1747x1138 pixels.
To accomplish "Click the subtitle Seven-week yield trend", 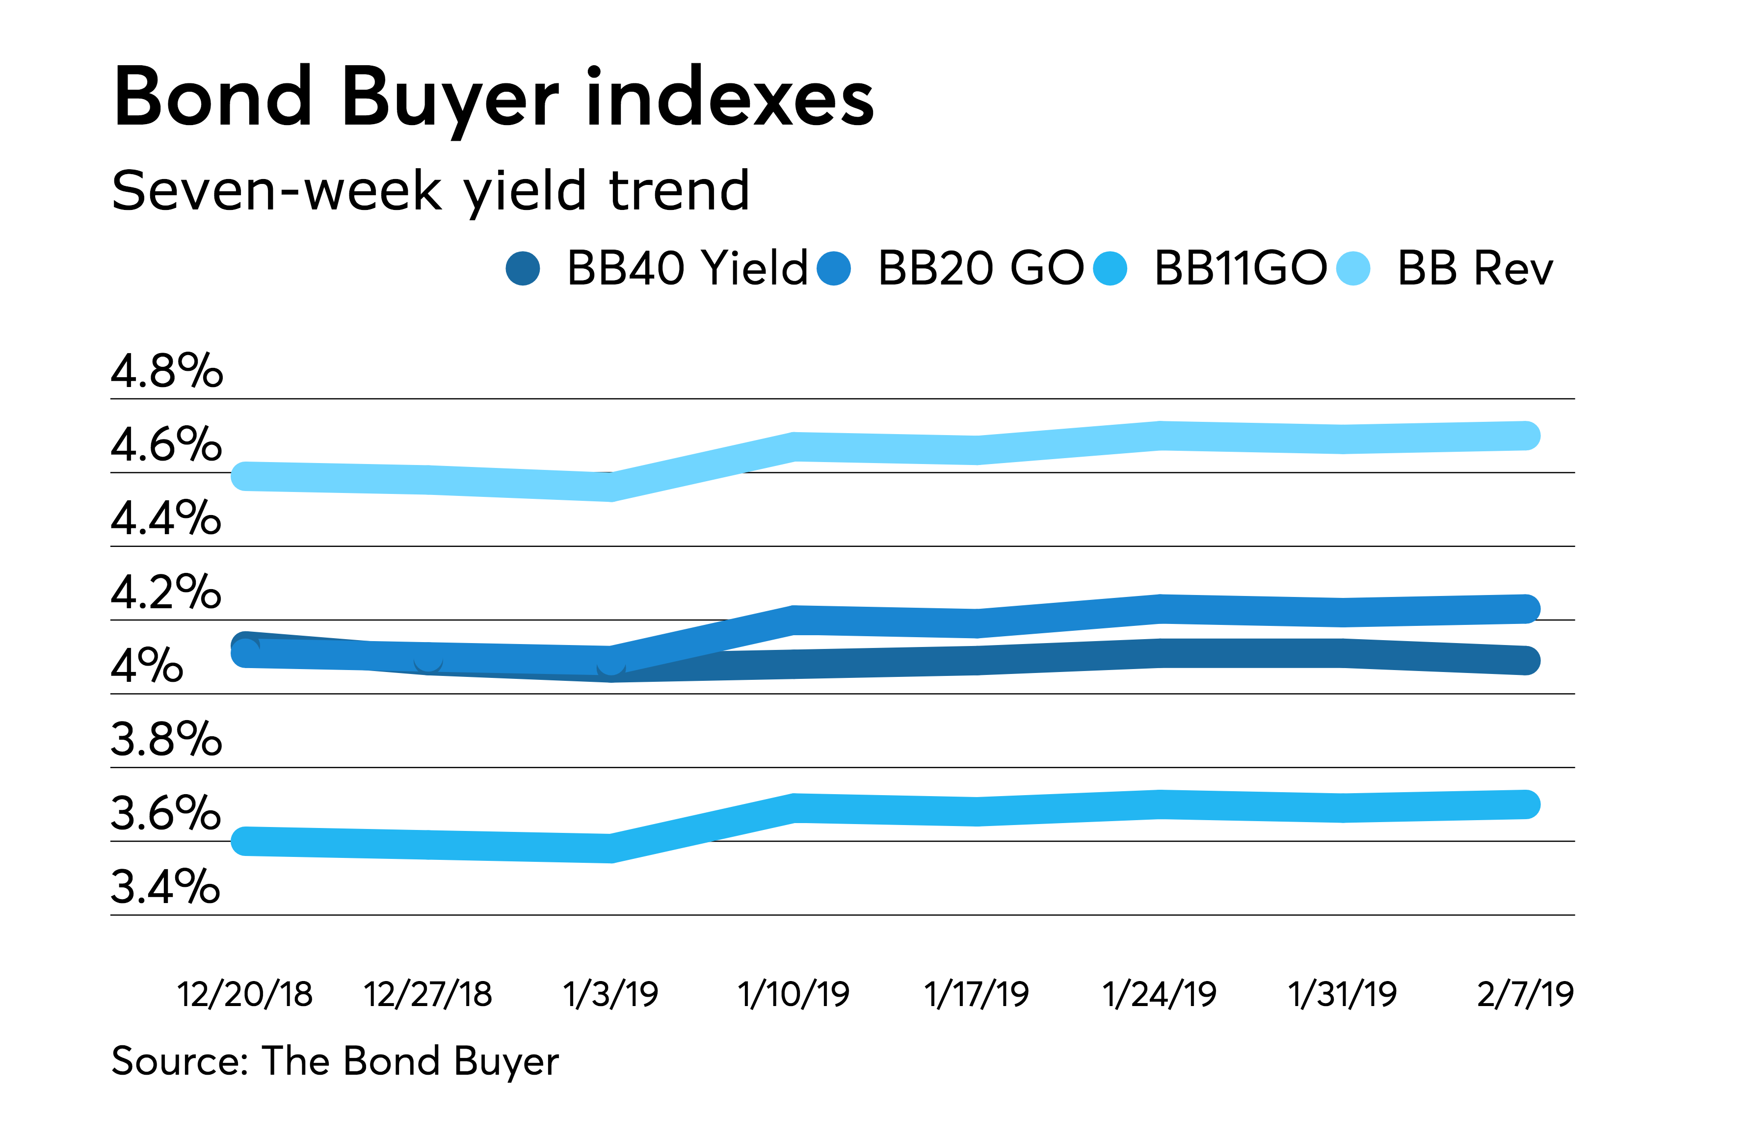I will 430,191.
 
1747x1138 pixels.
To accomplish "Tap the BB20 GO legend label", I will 980,268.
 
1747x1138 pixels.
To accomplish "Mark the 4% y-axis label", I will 147,666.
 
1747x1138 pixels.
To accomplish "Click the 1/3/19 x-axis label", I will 611,994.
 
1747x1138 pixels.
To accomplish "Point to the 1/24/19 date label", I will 1160,994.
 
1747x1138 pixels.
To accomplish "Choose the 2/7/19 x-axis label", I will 1525,994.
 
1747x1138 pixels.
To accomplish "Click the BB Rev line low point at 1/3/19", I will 611,487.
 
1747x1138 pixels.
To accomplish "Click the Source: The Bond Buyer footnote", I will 335,1061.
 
